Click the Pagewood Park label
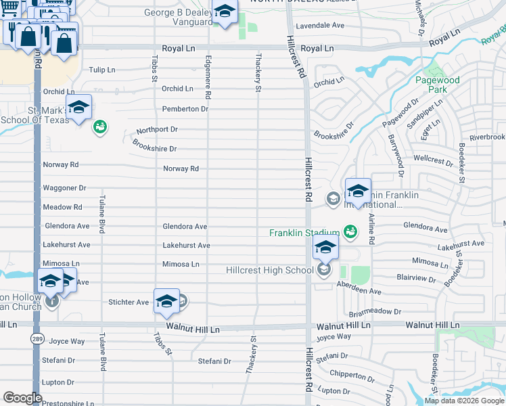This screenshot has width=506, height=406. pos(442,85)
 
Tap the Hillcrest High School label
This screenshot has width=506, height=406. pos(270,271)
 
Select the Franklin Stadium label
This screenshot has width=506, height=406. pos(304,233)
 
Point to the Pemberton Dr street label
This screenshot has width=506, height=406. pos(185,109)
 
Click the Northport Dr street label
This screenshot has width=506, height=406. pos(156,129)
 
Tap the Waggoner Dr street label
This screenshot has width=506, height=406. pos(64,187)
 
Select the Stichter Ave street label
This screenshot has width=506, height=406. pos(129,302)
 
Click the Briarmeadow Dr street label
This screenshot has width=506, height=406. pos(375,313)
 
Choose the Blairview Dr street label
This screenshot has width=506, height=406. pos(416,278)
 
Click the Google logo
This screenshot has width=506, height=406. pos(22,398)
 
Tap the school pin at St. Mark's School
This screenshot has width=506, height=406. pos(78,108)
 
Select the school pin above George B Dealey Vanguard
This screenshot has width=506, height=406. pos(225,12)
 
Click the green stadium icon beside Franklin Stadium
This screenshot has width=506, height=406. pos(350,232)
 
